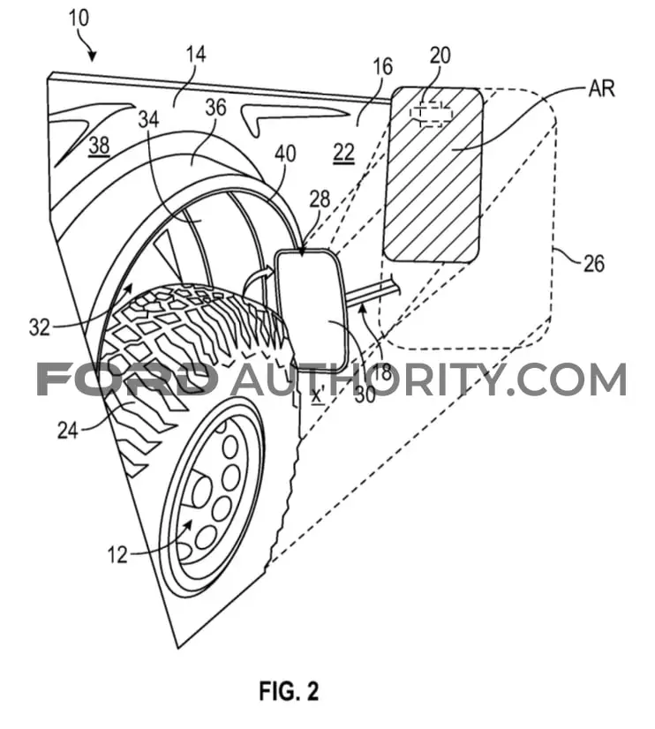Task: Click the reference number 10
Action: (79, 19)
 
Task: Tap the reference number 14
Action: (196, 54)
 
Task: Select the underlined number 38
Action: (99, 146)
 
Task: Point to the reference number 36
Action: (215, 108)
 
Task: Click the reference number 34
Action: (149, 119)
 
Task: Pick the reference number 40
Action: (285, 154)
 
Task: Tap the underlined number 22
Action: (344, 153)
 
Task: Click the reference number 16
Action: (382, 67)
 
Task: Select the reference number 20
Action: (440, 56)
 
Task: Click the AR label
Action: (601, 88)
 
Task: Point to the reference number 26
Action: (593, 264)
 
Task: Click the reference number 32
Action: (40, 327)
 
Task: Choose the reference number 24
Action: (68, 431)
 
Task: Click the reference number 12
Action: (117, 554)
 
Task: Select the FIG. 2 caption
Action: (290, 690)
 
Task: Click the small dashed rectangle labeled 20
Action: (431, 114)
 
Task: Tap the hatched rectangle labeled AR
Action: (433, 175)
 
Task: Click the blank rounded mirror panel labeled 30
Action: (312, 310)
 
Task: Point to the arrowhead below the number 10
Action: (93, 56)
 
